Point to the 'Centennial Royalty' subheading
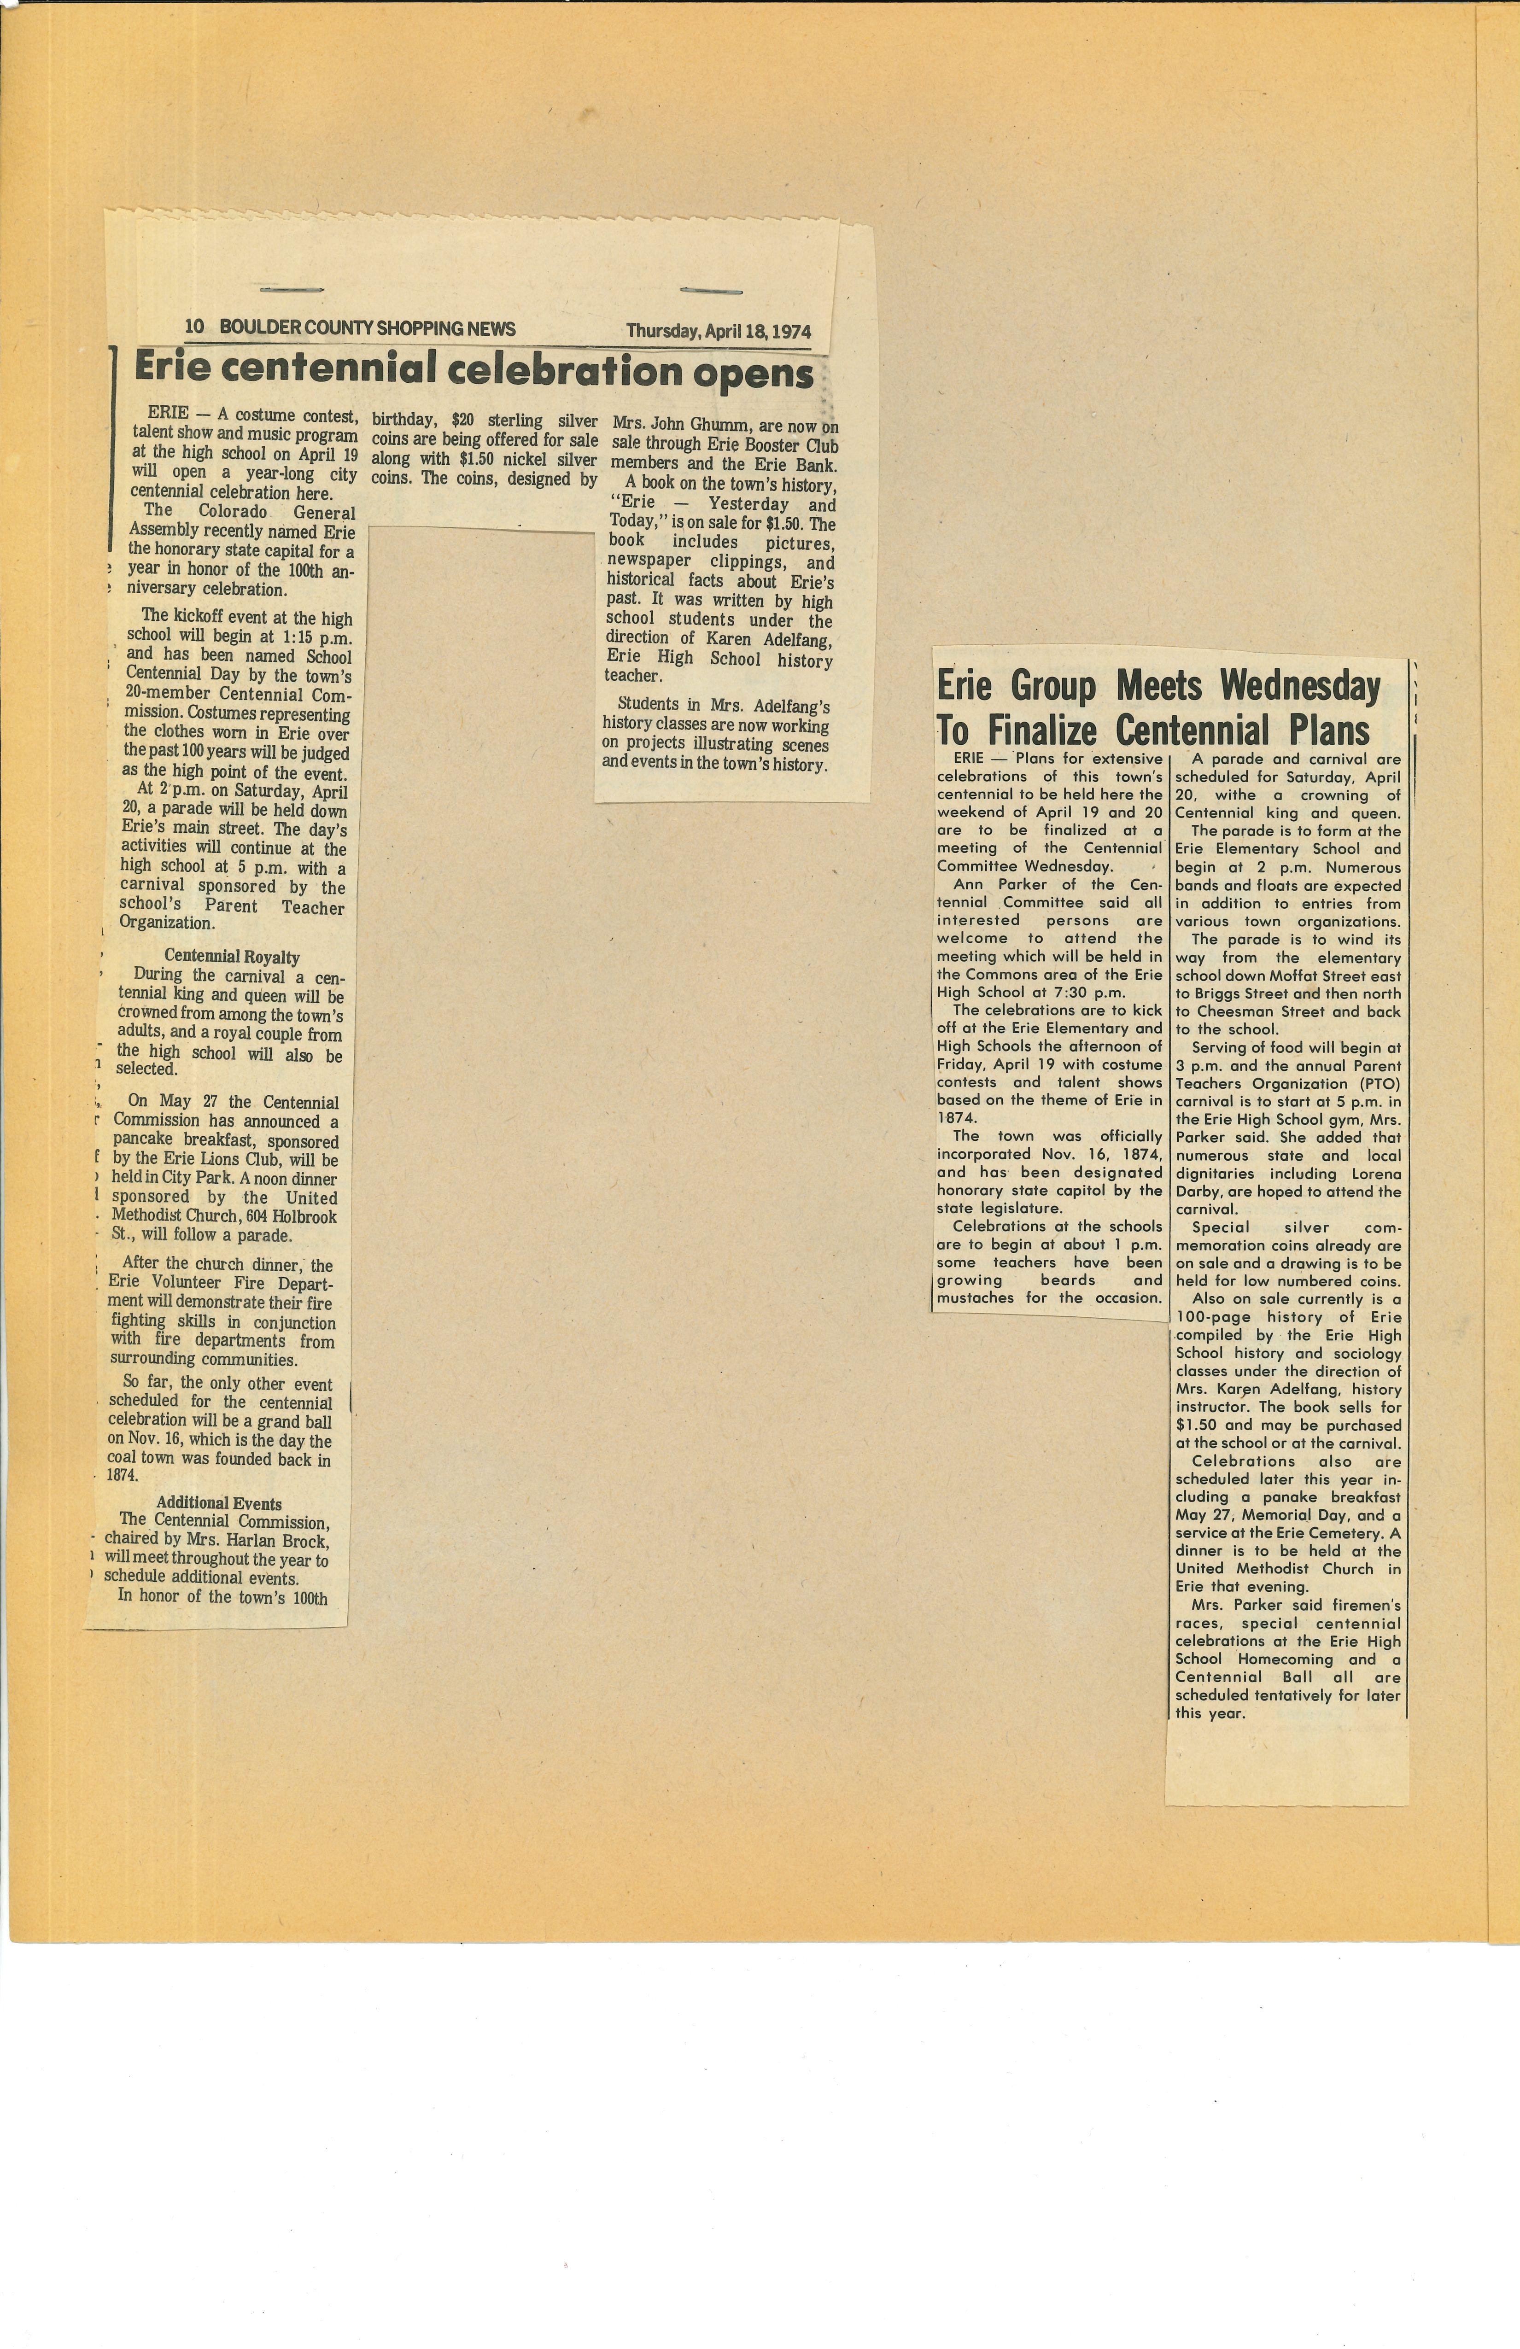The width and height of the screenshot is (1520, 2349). pos(232,956)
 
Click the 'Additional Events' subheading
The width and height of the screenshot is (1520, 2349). pos(219,1503)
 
